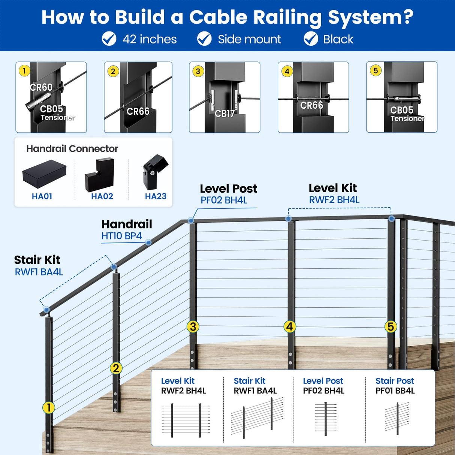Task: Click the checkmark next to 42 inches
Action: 109,39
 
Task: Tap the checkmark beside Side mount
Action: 204,39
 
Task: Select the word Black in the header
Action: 338,39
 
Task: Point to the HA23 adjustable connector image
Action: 155,172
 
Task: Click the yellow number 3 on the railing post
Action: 193,326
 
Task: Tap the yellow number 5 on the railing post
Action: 391,326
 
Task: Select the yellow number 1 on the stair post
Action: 48,407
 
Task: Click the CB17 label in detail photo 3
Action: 225,114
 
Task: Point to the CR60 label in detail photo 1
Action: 41,87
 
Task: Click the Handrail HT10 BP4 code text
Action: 121,236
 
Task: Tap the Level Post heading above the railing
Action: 228,189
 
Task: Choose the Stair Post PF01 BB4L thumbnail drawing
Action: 397,418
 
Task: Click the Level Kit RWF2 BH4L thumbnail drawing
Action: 186,420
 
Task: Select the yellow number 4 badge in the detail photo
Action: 287,71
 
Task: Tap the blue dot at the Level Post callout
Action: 191,220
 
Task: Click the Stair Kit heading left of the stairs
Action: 37,260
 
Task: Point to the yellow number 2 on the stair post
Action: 116,368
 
